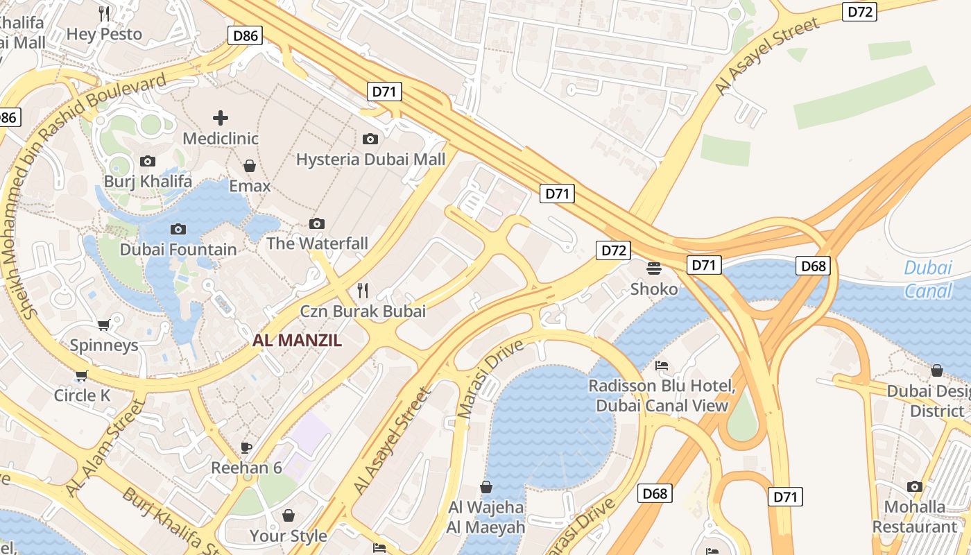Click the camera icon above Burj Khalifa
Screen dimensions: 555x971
coord(148,162)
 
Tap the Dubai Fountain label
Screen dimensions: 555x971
coord(178,249)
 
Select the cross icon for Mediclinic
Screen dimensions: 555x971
coord(221,118)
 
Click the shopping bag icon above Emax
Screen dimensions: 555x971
coord(250,166)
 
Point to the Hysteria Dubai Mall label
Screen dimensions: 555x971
coord(370,160)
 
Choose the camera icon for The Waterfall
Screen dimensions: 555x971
coord(317,223)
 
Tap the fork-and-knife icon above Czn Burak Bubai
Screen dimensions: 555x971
coord(363,290)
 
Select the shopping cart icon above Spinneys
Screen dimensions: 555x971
coord(104,325)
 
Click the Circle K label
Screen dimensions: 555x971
coord(83,395)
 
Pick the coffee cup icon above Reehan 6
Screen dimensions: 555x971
coord(246,447)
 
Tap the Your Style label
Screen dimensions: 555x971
coord(288,536)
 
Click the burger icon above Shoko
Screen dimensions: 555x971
coord(654,268)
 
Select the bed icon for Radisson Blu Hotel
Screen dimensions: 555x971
coord(662,366)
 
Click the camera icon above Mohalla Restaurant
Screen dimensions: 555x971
coord(915,486)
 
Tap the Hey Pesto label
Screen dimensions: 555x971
coord(104,34)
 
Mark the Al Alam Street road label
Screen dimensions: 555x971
coord(105,448)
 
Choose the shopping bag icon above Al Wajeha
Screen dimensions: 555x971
coord(486,487)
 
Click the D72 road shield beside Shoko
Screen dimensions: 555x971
coord(613,250)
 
